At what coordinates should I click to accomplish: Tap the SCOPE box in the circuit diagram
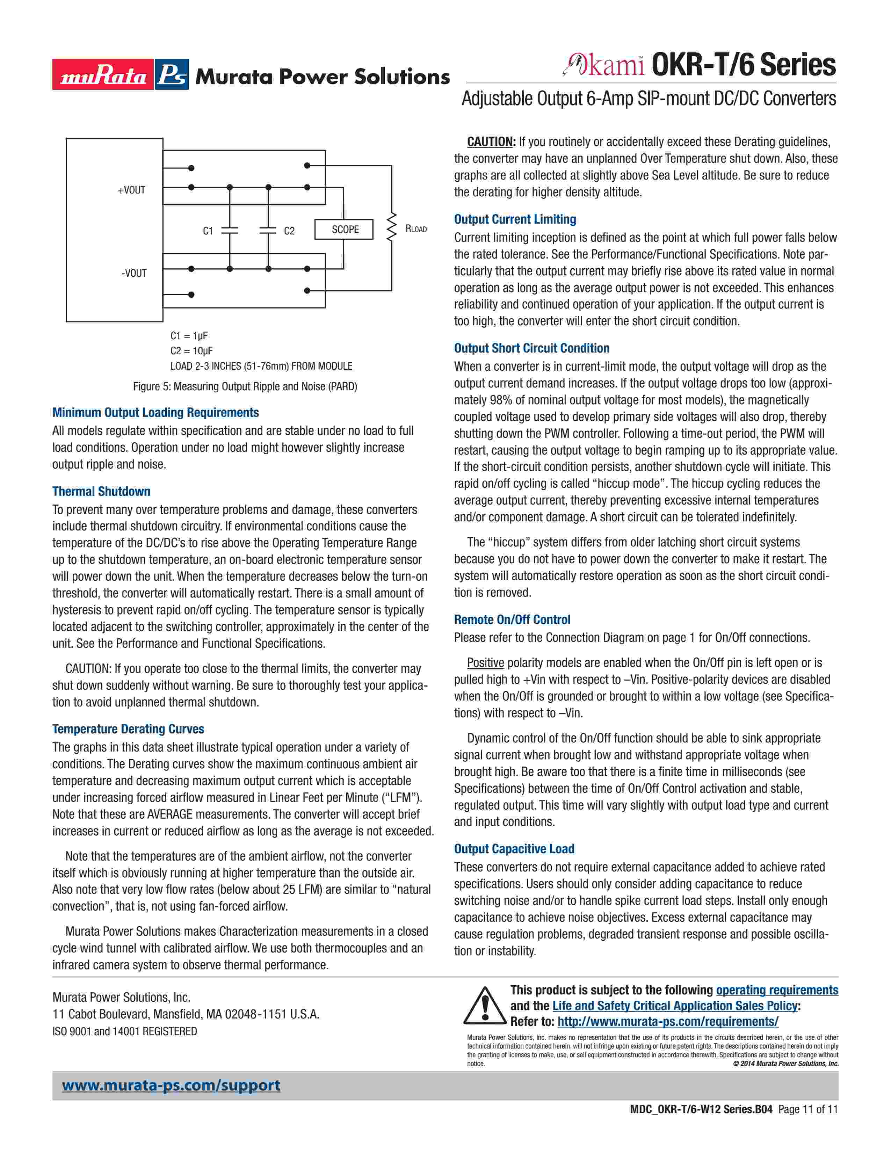click(344, 230)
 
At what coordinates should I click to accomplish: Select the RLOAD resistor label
click(415, 229)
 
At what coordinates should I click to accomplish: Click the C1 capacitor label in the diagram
click(208, 231)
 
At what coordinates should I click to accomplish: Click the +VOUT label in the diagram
click(131, 190)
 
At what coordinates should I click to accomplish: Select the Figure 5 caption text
click(245, 386)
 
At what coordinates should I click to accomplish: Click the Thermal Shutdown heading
click(101, 492)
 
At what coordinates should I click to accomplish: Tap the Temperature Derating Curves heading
click(128, 729)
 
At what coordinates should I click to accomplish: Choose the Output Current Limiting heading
click(515, 219)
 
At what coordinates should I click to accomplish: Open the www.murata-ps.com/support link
click(171, 1086)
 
